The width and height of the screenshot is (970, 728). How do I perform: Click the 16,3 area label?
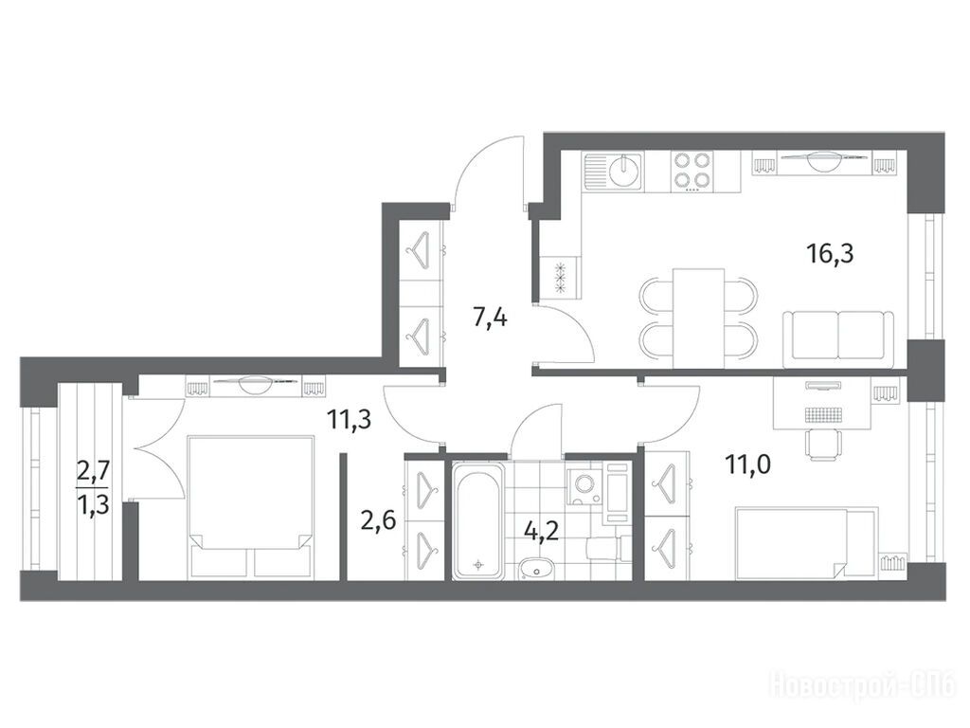point(830,253)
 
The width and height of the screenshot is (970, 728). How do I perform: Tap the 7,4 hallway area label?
point(490,318)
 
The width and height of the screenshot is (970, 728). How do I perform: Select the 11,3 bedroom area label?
point(349,420)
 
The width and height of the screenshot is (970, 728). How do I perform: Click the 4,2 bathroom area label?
point(541,531)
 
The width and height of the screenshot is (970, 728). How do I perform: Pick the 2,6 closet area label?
point(378,522)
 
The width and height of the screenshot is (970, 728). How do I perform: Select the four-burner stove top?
point(691,170)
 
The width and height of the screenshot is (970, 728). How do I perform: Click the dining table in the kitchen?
point(698,318)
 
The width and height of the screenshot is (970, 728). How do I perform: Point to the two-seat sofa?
point(838,338)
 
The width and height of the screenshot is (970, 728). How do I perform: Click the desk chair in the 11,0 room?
point(823,445)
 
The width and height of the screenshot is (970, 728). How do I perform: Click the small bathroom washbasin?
point(536,569)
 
